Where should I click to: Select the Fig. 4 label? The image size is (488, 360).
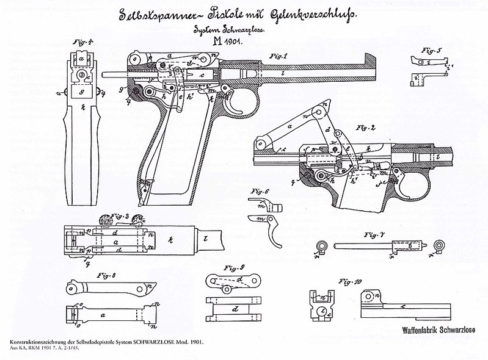(77, 43)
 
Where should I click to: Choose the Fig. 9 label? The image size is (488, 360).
(235, 267)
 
